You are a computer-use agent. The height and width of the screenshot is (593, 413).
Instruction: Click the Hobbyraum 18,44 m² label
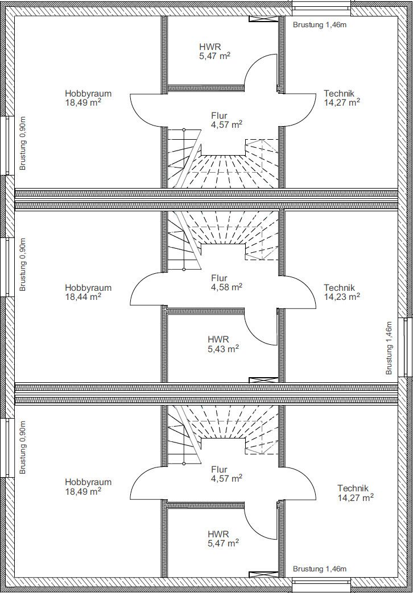point(88,292)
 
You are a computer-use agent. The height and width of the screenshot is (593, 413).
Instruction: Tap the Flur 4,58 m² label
point(226,282)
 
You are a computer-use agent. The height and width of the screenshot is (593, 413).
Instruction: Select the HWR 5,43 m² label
point(223,344)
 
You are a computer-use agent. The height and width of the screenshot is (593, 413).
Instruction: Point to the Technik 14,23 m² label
point(342,292)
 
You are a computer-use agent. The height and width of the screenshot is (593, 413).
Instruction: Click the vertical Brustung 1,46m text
point(389,348)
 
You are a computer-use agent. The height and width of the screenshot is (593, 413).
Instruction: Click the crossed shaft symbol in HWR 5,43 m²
point(263,379)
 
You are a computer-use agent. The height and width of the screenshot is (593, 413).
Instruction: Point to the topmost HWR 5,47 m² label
point(215,52)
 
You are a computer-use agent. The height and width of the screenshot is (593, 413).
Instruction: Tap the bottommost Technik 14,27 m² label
point(356,493)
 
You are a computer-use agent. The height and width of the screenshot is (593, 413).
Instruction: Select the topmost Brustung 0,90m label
point(23,143)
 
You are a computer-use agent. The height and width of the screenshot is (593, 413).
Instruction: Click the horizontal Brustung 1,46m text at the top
point(320,26)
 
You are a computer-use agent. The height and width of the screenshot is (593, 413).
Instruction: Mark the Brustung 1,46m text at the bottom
point(320,569)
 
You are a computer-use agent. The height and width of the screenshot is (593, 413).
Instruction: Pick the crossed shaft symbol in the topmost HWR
point(263,19)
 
